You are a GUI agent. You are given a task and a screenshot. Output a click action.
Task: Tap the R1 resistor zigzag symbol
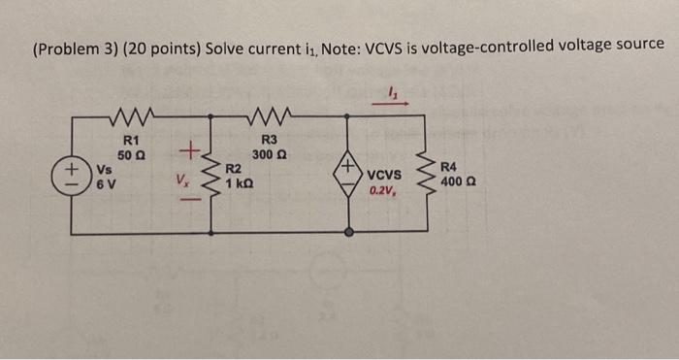[x=129, y=121]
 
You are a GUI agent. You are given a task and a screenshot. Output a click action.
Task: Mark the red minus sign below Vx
[x=189, y=201]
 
